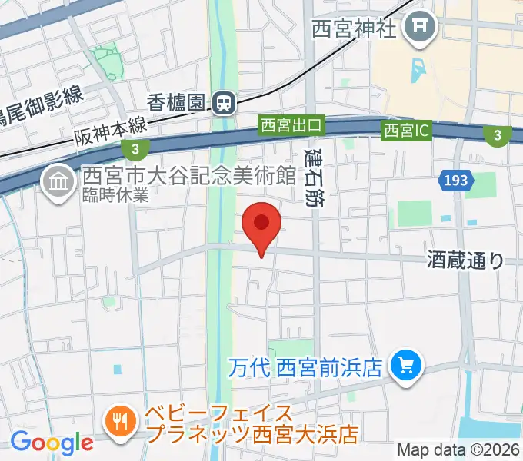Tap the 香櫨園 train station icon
[225, 101]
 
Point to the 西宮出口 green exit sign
[292, 124]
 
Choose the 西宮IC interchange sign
[406, 131]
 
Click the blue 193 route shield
[455, 181]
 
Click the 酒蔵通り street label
[465, 260]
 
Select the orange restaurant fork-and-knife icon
[122, 420]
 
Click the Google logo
[52, 442]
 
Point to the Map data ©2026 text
[458, 449]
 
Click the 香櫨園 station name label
[178, 101]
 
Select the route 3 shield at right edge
[497, 135]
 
